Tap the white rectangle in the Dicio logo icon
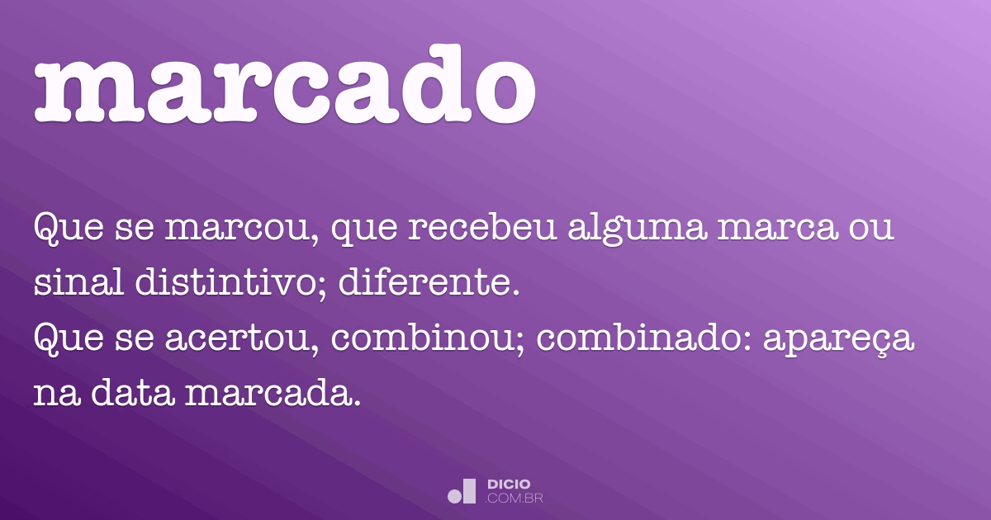tap(469, 490)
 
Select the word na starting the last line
tap(54, 394)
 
